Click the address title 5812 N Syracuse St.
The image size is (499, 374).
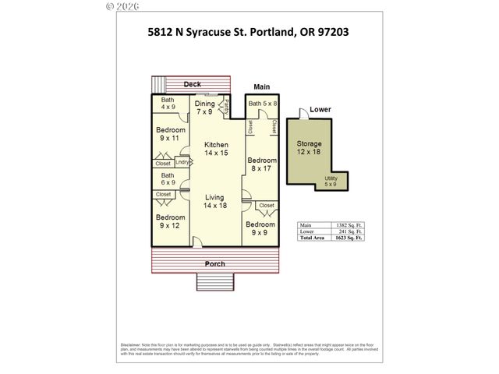[x=248, y=33]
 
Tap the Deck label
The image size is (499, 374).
[x=191, y=83]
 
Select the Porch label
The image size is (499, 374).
[x=214, y=263]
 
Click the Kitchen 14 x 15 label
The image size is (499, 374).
[x=216, y=150]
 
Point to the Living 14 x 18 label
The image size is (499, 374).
[x=215, y=201]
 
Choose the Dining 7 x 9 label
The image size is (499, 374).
[x=205, y=108]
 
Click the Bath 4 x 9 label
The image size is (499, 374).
[x=168, y=104]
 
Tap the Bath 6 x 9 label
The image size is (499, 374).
[x=168, y=180]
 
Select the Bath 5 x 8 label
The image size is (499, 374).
[x=262, y=104]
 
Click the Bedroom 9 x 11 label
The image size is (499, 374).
[x=170, y=134]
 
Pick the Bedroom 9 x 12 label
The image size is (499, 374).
[x=170, y=222]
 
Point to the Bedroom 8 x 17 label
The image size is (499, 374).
[x=261, y=164]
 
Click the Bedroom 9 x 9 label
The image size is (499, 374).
[x=261, y=228]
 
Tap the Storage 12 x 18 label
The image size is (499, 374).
[x=309, y=148]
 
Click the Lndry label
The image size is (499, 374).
[x=182, y=162]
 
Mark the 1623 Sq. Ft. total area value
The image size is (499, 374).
[x=349, y=237]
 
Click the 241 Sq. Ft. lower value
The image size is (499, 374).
[x=350, y=231]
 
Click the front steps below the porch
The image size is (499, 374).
[x=214, y=281]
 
